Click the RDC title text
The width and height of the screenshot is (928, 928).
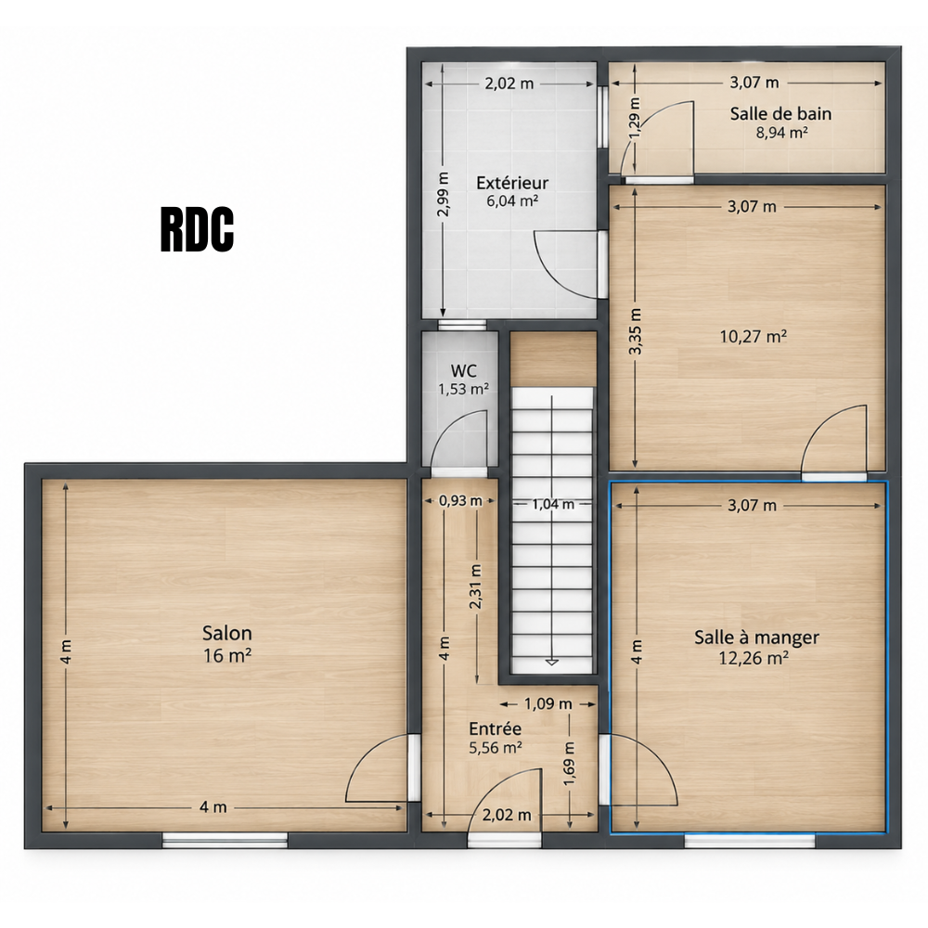(x=197, y=229)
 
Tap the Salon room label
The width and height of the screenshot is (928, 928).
(x=227, y=633)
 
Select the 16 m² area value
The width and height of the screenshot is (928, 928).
(x=227, y=656)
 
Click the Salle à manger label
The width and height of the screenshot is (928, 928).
(x=756, y=638)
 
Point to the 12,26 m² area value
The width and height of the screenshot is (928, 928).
(x=754, y=658)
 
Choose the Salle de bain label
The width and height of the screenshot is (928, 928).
(x=780, y=113)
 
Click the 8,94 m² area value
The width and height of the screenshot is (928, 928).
(x=781, y=133)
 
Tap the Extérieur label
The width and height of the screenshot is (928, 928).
(x=512, y=182)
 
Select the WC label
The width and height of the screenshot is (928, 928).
(x=463, y=371)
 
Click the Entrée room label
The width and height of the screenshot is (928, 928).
(x=496, y=728)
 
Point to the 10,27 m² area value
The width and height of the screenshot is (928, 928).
(x=754, y=337)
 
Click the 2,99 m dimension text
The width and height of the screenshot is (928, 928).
(x=444, y=194)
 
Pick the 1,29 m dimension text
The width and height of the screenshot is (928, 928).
(x=635, y=119)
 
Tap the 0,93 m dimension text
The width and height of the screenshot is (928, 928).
(x=460, y=501)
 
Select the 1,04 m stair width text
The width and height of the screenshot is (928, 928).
(x=553, y=504)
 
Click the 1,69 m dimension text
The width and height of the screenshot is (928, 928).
(x=570, y=765)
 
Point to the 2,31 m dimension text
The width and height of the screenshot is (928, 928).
(x=475, y=586)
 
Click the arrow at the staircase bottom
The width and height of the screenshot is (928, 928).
(x=551, y=662)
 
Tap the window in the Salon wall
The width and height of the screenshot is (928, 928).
(x=225, y=840)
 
